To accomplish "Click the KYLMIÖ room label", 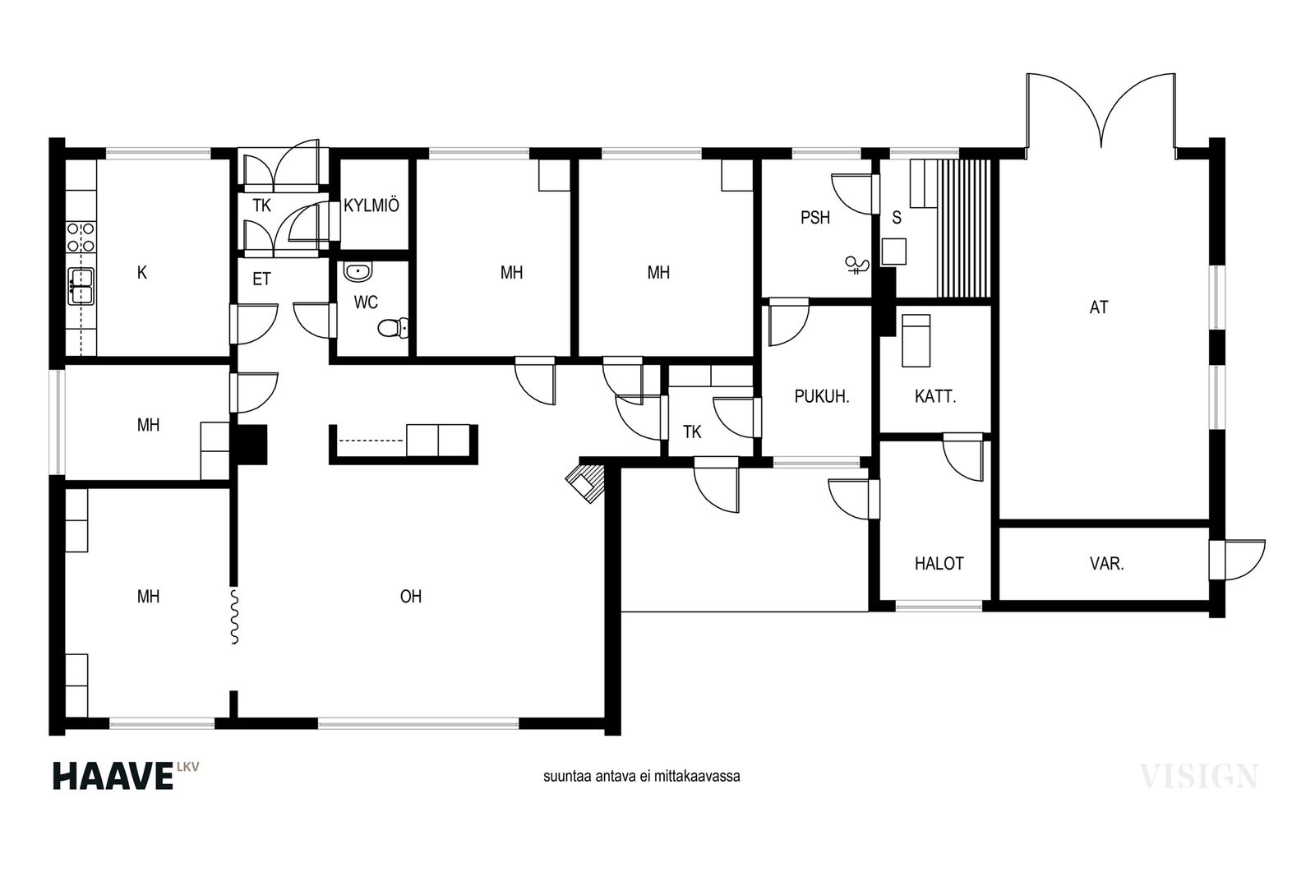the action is pos(371,206).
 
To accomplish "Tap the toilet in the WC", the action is pos(392,328).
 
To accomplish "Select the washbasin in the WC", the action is pos(358,272).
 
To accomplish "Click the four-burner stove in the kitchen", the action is pos(81,238).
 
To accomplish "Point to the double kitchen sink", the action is pos(81,287).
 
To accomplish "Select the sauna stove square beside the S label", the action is pos(894,252).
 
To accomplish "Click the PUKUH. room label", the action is pos(822,397).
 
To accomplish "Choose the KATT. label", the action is pos(935,397).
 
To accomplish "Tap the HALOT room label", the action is pos(939,564).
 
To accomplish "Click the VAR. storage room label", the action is pos(1106,564).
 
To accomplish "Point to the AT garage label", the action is pos(1098,307).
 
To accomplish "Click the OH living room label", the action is pos(411,597).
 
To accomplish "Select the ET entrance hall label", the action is pos(261,279).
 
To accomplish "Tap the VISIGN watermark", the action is pos(1197,776).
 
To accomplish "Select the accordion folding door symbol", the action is pos(234,617).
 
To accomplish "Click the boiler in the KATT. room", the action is pos(916,340).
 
